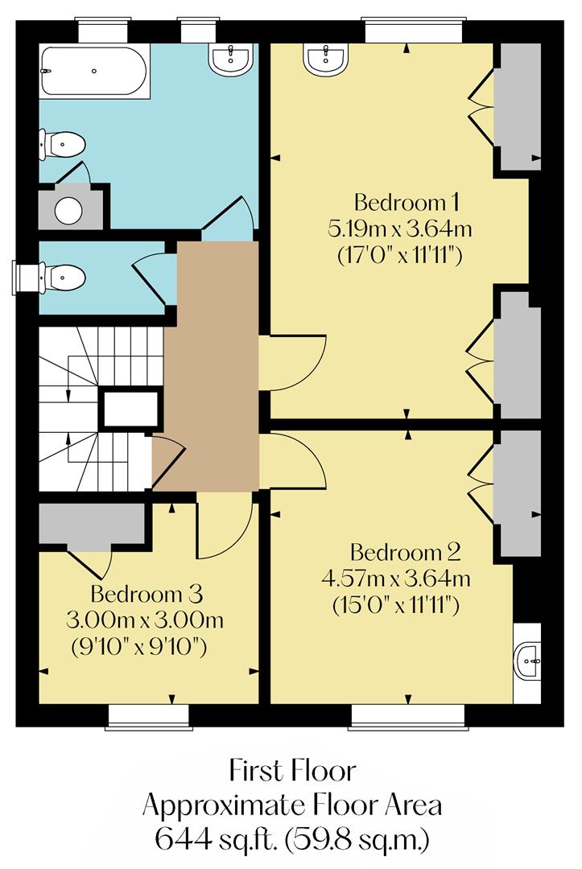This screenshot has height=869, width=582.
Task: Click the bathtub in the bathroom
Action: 94,72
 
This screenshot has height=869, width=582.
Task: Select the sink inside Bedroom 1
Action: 326,58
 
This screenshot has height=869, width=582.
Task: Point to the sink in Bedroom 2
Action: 527,663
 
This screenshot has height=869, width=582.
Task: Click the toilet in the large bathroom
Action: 64,146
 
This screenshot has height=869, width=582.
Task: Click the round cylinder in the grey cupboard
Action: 68,210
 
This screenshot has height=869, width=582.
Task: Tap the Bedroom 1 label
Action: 400,201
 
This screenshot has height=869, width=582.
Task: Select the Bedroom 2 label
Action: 405,553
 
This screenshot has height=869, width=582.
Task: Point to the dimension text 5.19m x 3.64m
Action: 399,229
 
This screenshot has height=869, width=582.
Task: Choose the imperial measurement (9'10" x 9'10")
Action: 146,646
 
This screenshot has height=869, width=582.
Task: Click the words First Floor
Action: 291,771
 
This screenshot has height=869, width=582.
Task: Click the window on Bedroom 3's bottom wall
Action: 148,715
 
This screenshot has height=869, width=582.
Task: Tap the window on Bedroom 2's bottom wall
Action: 407,715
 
